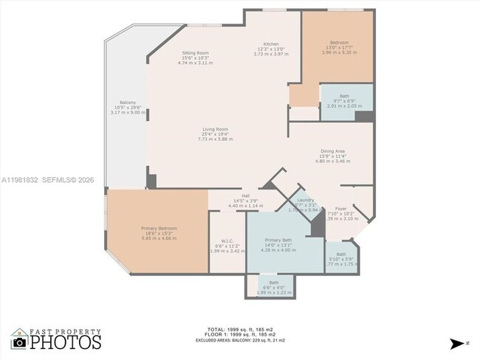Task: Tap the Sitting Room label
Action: (196, 53)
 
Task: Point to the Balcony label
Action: (127, 103)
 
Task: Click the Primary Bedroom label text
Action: (159, 228)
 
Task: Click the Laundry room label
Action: (306, 200)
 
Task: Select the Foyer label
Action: (340, 209)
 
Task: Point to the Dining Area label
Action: (332, 151)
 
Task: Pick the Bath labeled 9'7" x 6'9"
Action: (344, 96)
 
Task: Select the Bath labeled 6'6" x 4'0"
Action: (274, 283)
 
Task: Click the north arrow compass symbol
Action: (458, 343)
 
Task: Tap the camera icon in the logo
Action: (20, 342)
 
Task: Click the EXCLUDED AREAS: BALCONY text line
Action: (241, 341)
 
